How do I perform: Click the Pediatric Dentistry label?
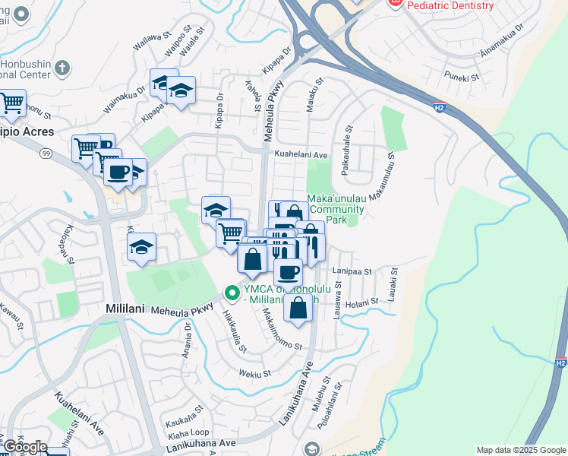[450, 5]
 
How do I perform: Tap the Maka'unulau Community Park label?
[336, 209]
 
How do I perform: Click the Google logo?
[24, 447]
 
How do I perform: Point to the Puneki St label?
[462, 77]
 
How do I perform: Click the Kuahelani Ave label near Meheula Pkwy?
[301, 155]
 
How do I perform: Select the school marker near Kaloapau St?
[141, 247]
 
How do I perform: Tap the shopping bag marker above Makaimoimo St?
[298, 308]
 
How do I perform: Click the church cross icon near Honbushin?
[62, 68]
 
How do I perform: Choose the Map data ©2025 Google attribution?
[521, 450]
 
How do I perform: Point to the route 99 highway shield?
[46, 153]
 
